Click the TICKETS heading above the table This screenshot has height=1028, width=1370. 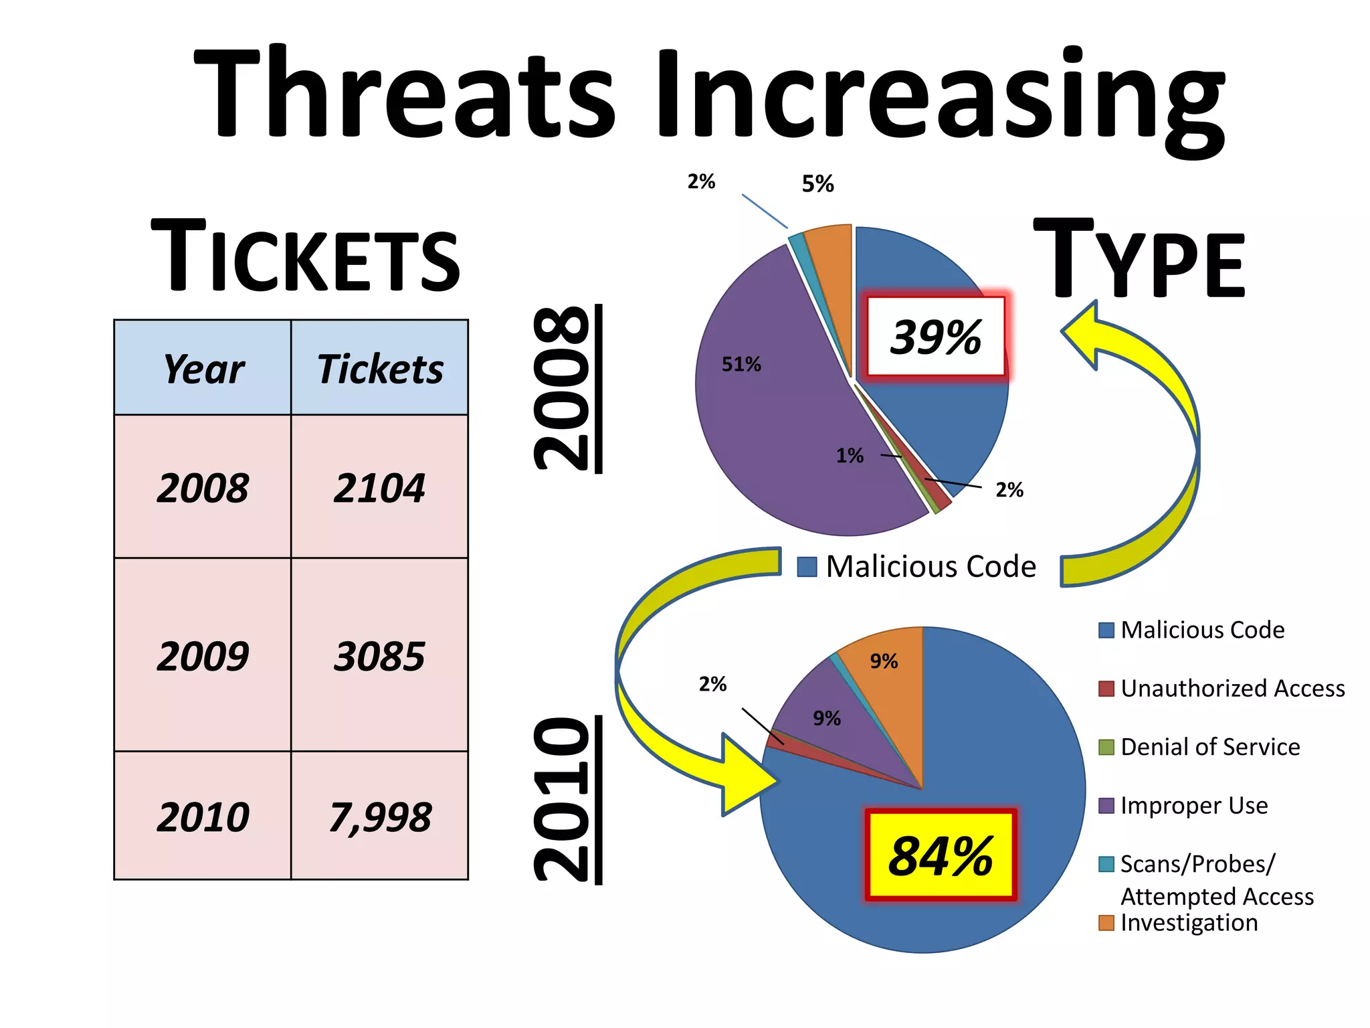coord(306,257)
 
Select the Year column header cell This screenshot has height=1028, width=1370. coord(203,368)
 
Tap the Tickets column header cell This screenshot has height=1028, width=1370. coord(379,368)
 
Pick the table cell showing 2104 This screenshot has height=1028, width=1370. coord(379,487)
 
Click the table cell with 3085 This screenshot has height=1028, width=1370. coord(379,655)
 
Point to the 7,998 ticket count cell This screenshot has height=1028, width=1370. coord(379,816)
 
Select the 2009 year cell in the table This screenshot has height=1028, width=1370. coord(203,655)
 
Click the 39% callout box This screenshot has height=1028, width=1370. coord(936,336)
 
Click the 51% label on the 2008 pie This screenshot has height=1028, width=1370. coord(741,364)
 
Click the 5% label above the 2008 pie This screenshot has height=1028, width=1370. coord(817,183)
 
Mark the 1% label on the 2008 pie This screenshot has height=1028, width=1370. coord(850,456)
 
